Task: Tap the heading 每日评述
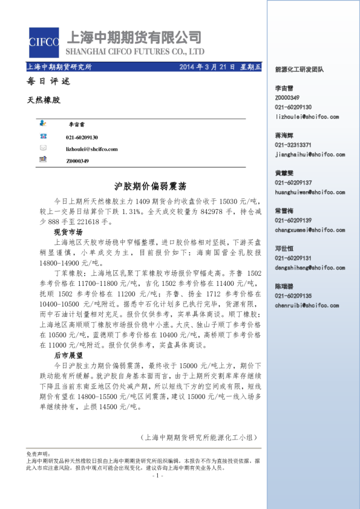[x=40, y=82]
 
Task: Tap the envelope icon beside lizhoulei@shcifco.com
[x=43, y=147]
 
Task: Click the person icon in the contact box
[x=43, y=122]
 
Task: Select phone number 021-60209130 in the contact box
[x=82, y=137]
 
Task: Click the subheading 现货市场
[x=68, y=232]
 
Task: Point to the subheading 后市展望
[x=68, y=356]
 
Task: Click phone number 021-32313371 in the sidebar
[x=293, y=145]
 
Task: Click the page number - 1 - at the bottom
[x=159, y=476]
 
